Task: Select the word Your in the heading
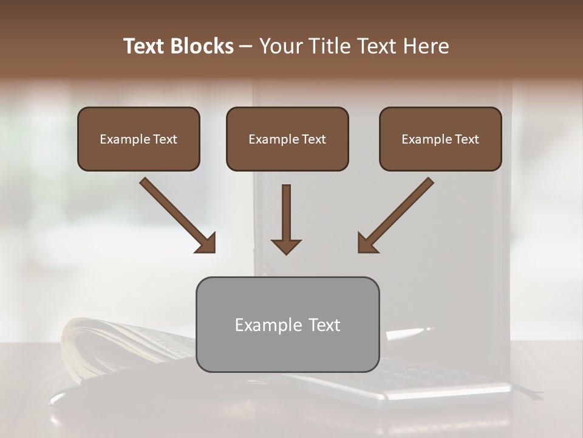(x=279, y=46)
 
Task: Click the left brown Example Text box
(x=138, y=139)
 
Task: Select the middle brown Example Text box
(x=287, y=139)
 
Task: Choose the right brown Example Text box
(x=440, y=139)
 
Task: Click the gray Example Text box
(x=287, y=324)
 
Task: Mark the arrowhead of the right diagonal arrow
(x=368, y=243)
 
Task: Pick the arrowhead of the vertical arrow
(x=286, y=246)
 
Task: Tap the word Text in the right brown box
(x=466, y=139)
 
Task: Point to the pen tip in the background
(x=428, y=330)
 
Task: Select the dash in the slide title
(x=246, y=47)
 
